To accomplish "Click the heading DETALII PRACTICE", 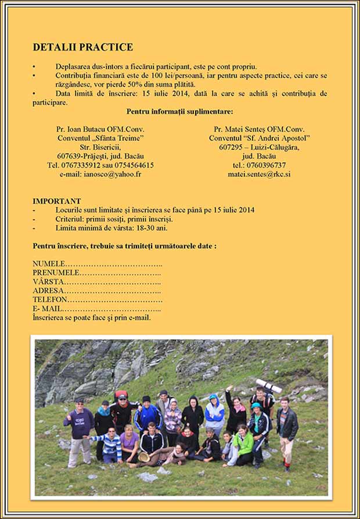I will (83, 47).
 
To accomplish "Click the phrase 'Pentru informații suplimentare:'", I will (179, 111).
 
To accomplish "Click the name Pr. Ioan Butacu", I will (80, 129).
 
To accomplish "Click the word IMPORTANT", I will (57, 201).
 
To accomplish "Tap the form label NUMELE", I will (49, 263).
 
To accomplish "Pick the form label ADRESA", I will (48, 291).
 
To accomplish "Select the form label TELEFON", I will (50, 299).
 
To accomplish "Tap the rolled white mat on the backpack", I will (269, 385).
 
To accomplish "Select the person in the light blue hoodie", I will (214, 416).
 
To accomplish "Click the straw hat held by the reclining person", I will (143, 457).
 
